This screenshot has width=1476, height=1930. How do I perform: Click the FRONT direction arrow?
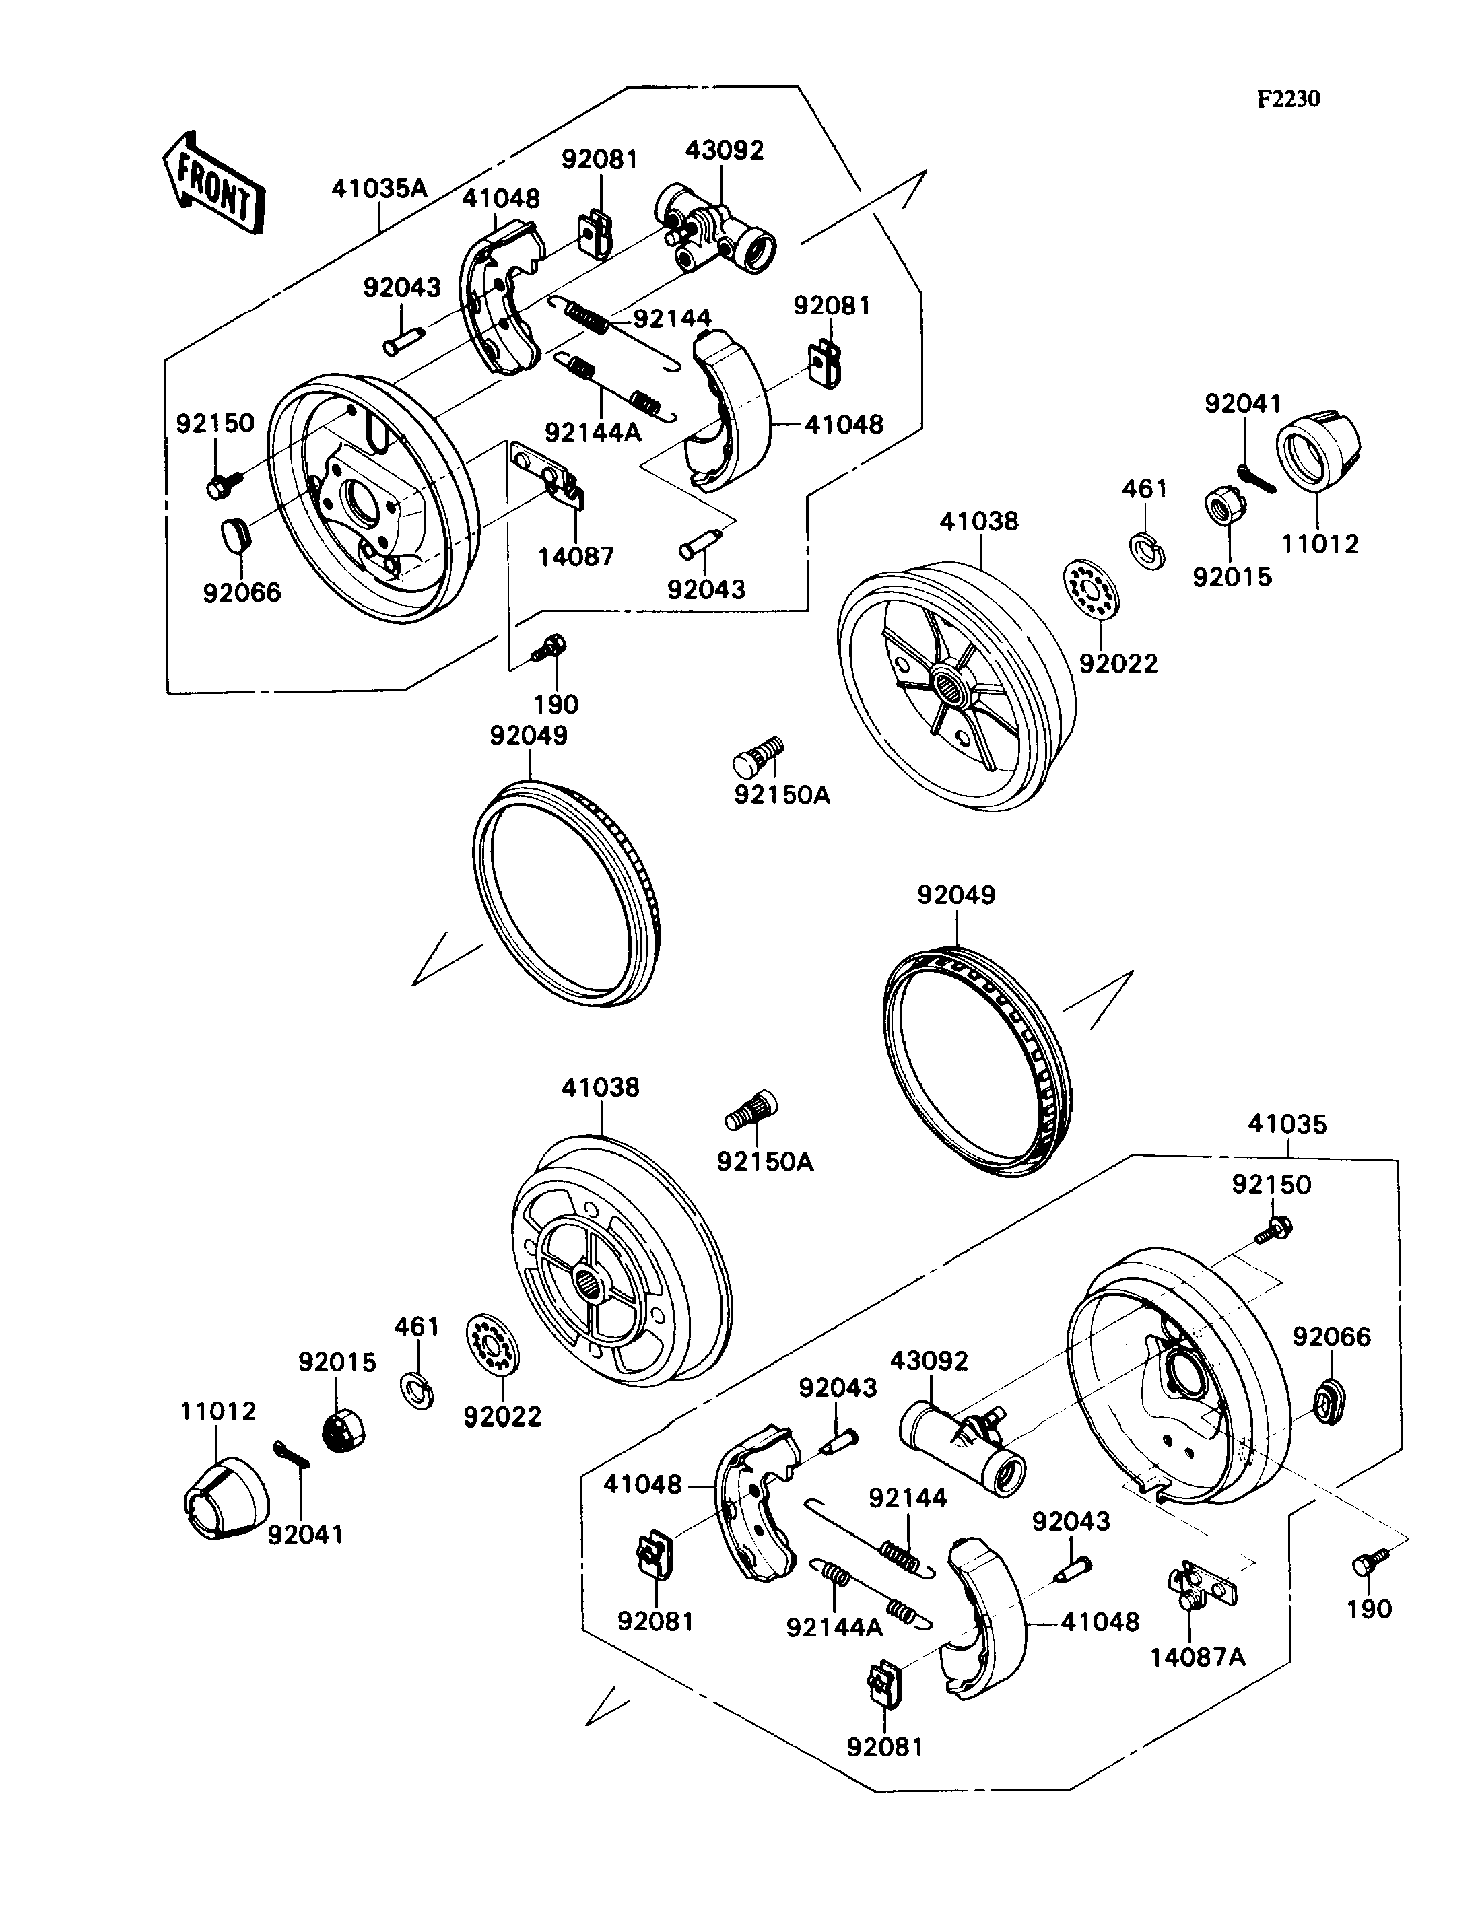(213, 182)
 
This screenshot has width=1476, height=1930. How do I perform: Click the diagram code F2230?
(1288, 98)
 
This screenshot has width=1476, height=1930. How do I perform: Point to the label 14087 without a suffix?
(576, 556)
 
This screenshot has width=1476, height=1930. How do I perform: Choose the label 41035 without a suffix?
(1287, 1124)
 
